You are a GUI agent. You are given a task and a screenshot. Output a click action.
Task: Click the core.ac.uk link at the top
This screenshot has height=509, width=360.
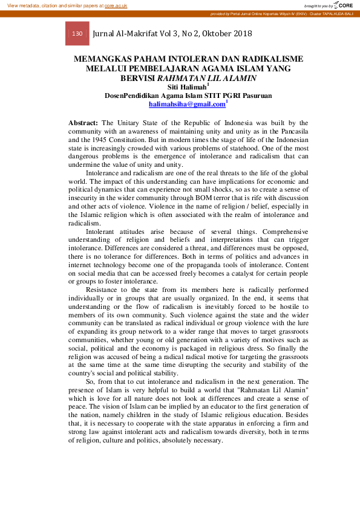point(116,5)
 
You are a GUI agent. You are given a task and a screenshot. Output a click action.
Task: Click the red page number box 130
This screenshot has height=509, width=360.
point(77,34)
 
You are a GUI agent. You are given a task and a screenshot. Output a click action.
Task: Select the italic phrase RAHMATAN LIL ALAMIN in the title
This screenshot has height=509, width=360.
point(207,78)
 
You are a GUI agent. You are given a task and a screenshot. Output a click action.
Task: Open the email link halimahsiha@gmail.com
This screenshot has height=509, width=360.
point(187,104)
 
